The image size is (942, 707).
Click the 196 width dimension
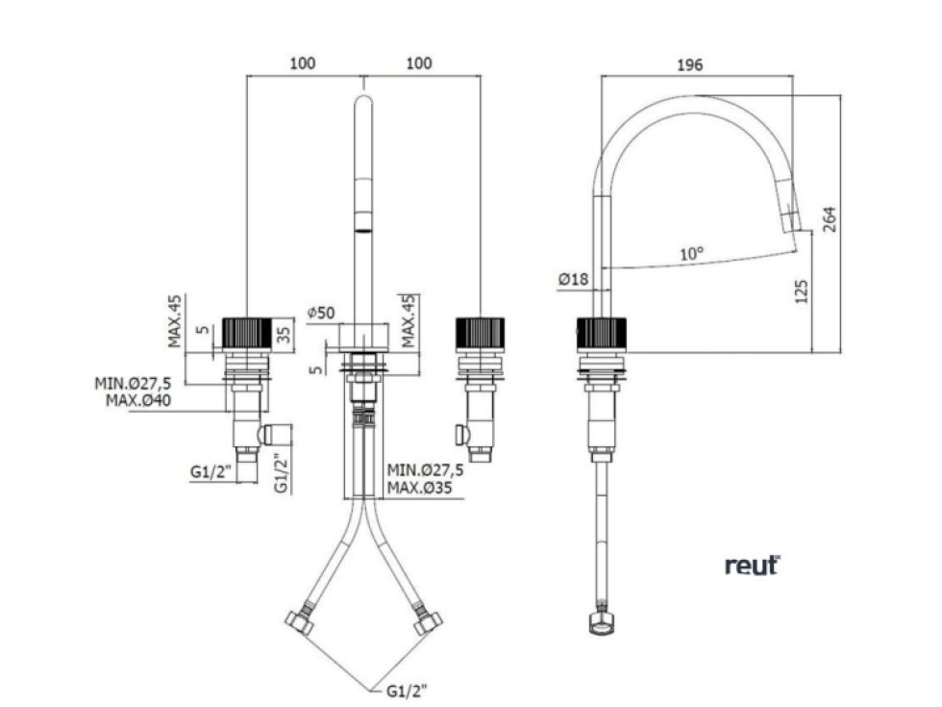click(x=689, y=65)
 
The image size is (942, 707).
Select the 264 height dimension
click(x=829, y=219)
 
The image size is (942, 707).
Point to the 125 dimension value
click(x=801, y=290)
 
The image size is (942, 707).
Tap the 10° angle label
click(x=691, y=254)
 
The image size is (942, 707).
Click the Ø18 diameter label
click(x=573, y=279)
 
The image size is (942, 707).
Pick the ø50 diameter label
click(x=320, y=313)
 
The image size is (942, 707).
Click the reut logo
click(x=752, y=566)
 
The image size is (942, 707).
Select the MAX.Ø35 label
click(x=419, y=488)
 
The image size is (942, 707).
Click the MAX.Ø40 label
click(x=138, y=400)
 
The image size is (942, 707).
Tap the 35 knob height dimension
click(x=285, y=331)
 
